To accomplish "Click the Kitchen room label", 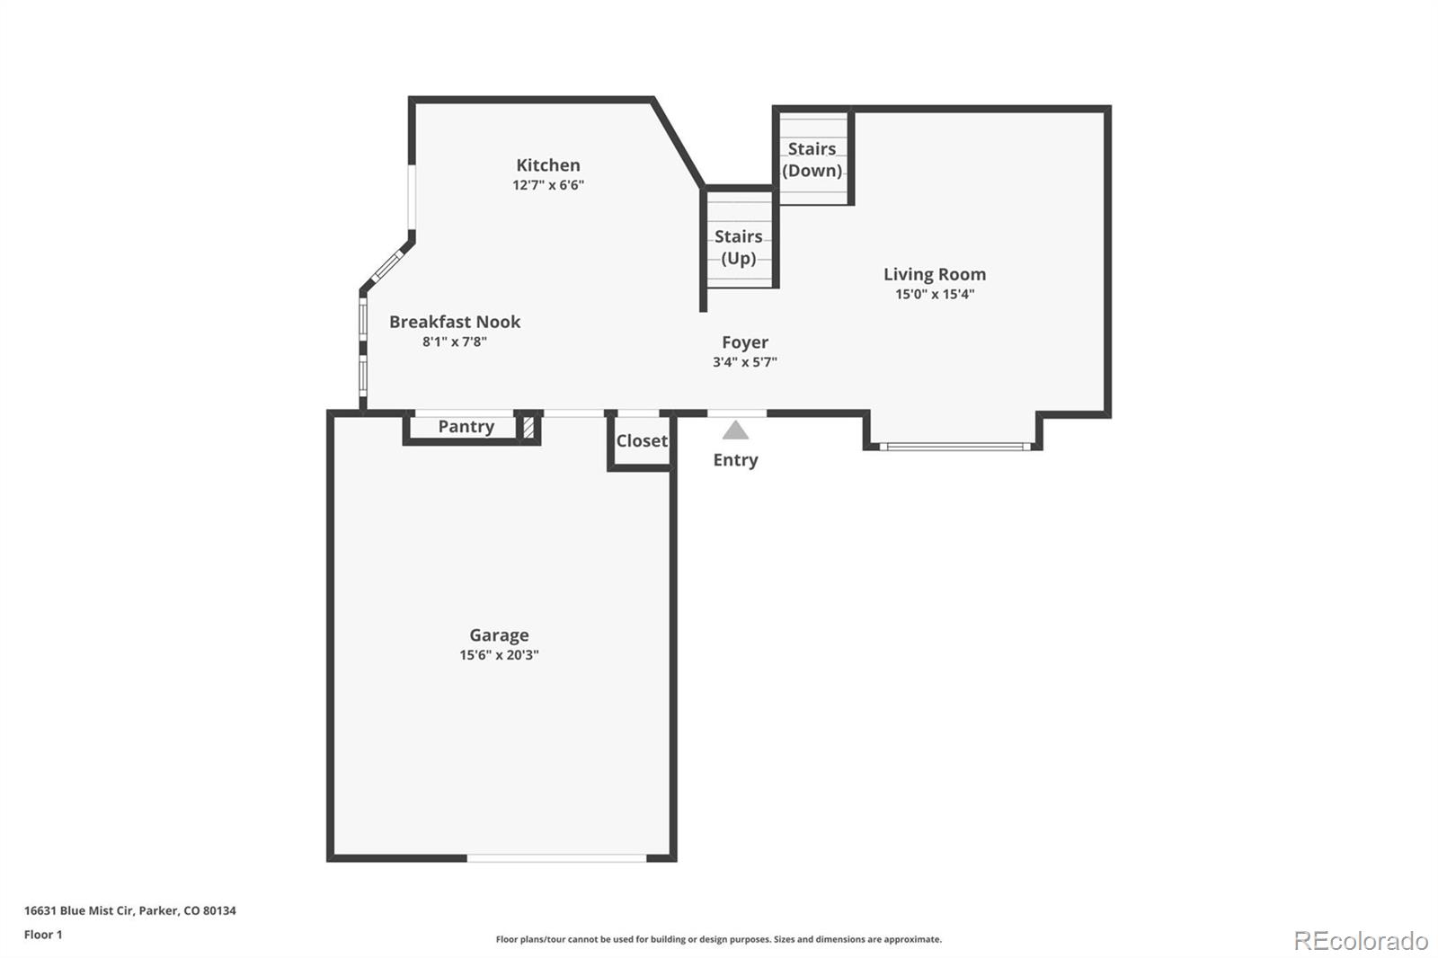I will [547, 165].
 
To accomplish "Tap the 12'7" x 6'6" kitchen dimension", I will [547, 185].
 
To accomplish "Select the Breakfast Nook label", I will [454, 322].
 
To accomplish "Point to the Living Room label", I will [934, 274].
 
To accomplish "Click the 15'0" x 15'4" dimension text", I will [934, 294].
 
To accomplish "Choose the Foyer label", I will [744, 342].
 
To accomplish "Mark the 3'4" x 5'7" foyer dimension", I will [744, 362].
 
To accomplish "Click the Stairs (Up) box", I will [738, 247].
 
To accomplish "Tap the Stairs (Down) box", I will [812, 159].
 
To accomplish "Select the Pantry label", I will [466, 427].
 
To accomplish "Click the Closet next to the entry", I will [641, 441].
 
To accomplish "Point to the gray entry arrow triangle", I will [735, 431].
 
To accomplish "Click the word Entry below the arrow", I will [735, 460].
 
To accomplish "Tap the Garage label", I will [499, 635].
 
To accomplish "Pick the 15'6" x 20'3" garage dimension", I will [499, 655].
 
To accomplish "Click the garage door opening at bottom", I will [556, 858].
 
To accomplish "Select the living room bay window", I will [954, 446].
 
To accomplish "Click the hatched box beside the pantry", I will [528, 427].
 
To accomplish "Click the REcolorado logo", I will [1360, 941].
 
